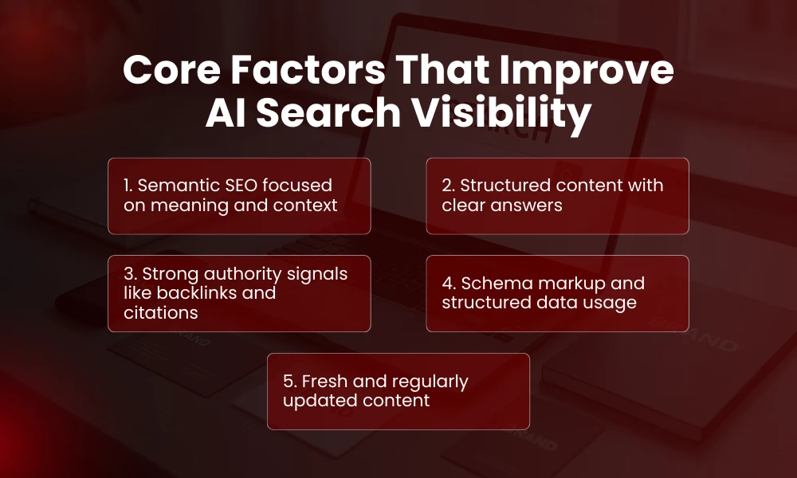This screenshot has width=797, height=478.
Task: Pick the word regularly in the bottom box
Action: [429, 381]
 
